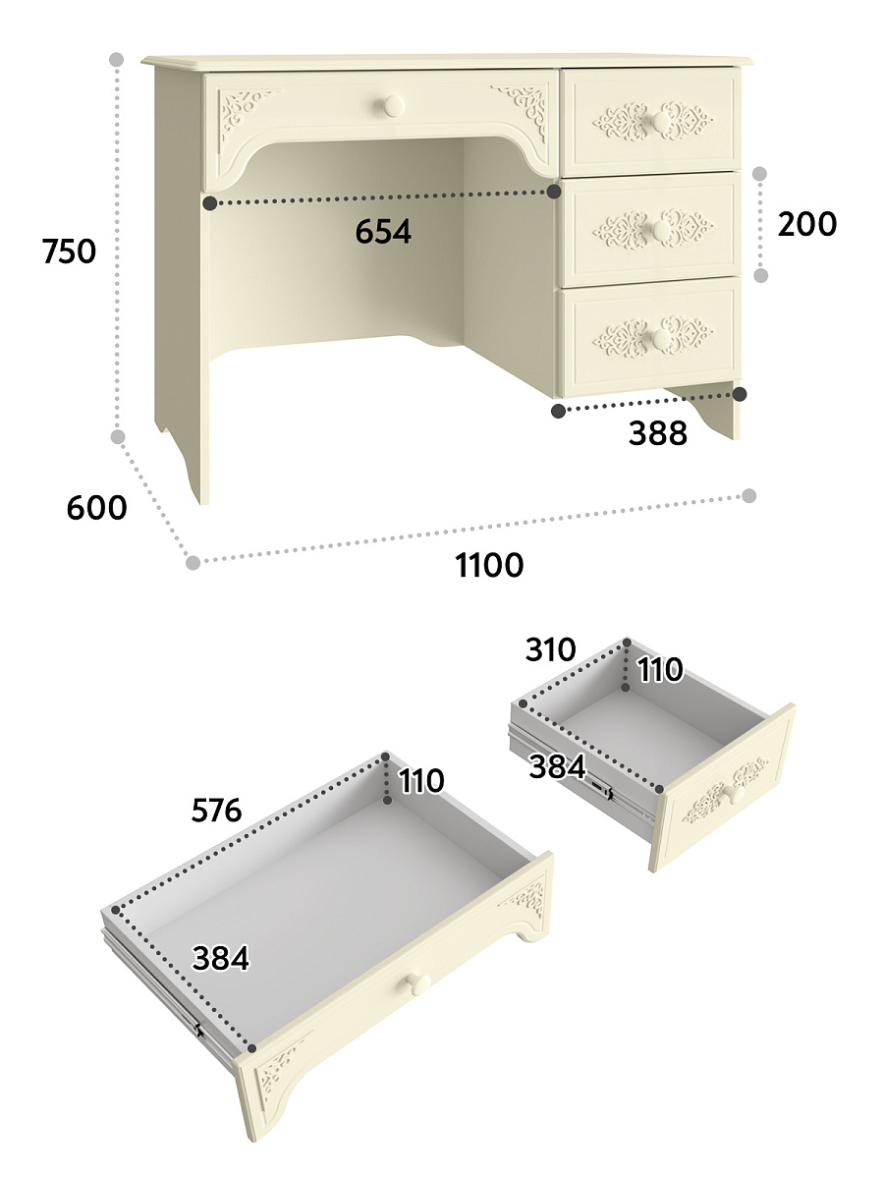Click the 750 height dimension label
tap(69, 252)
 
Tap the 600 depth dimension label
tap(96, 507)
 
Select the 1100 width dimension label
tap(489, 565)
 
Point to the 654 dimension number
tap(383, 232)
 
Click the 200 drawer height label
tap(806, 224)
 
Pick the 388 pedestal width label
tap(657, 433)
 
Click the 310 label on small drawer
tap(551, 649)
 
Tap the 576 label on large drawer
tap(216, 810)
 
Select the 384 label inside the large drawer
tap(221, 959)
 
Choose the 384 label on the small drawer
tap(557, 766)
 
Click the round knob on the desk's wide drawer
tap(394, 106)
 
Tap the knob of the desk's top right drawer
tap(661, 123)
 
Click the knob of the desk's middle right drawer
tap(661, 231)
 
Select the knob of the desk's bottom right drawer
tap(661, 339)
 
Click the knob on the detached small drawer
tap(736, 795)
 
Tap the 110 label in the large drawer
tap(421, 780)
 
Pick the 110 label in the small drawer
tap(660, 670)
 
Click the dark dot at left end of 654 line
tap(210, 202)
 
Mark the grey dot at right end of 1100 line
tap(749, 496)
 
